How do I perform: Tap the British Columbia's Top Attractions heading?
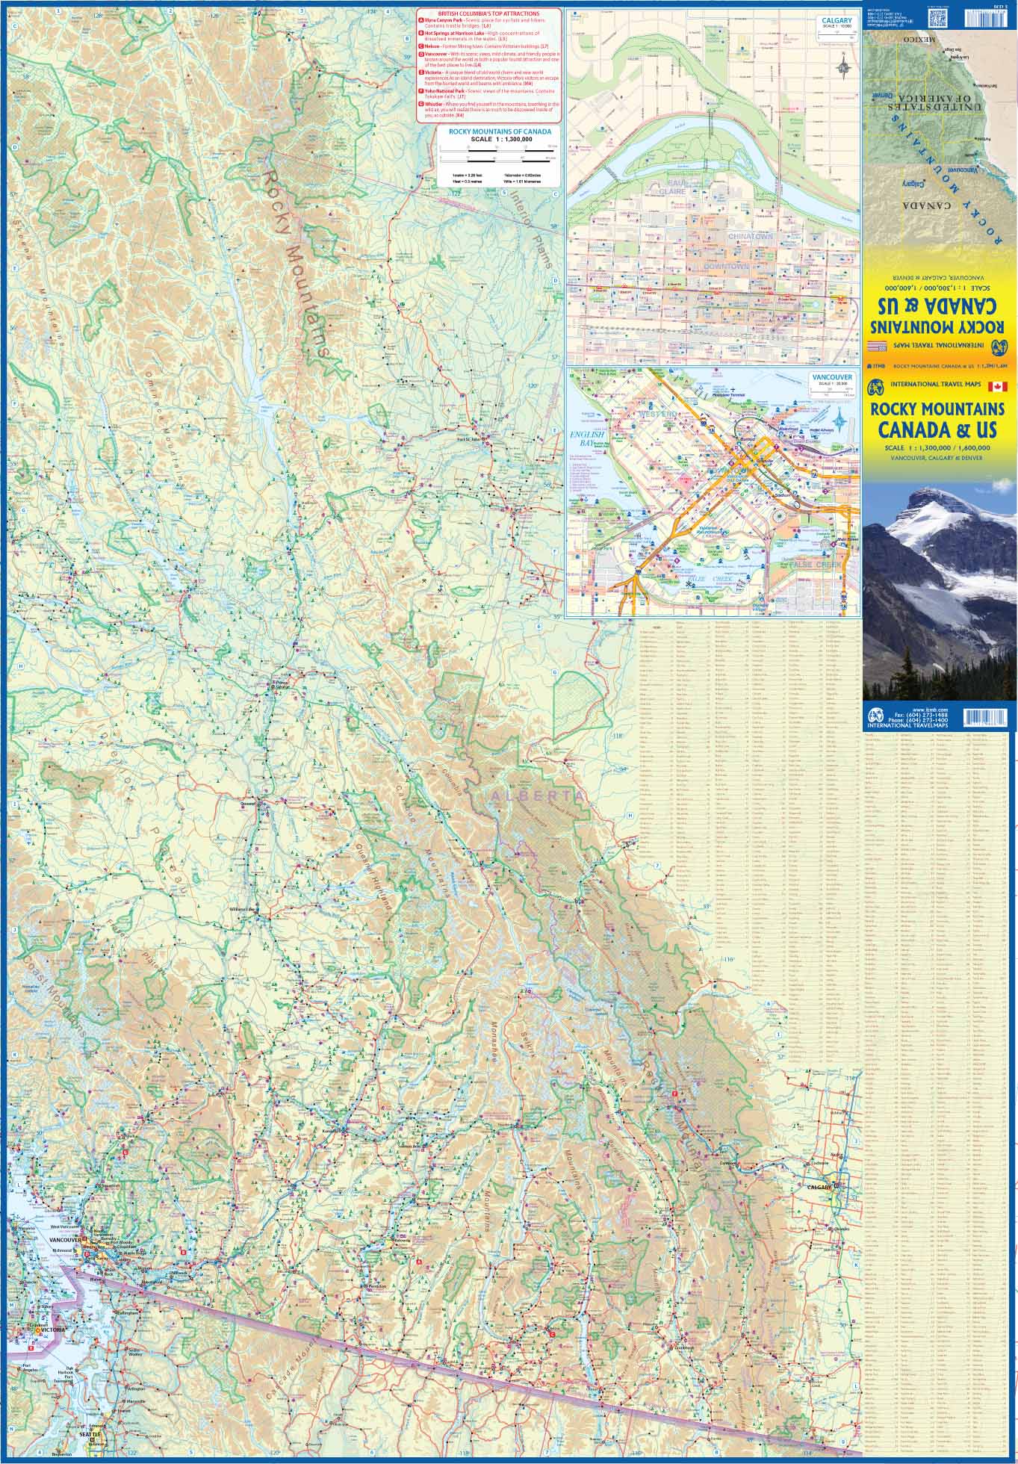click(x=488, y=13)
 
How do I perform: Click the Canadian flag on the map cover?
click(x=997, y=386)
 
